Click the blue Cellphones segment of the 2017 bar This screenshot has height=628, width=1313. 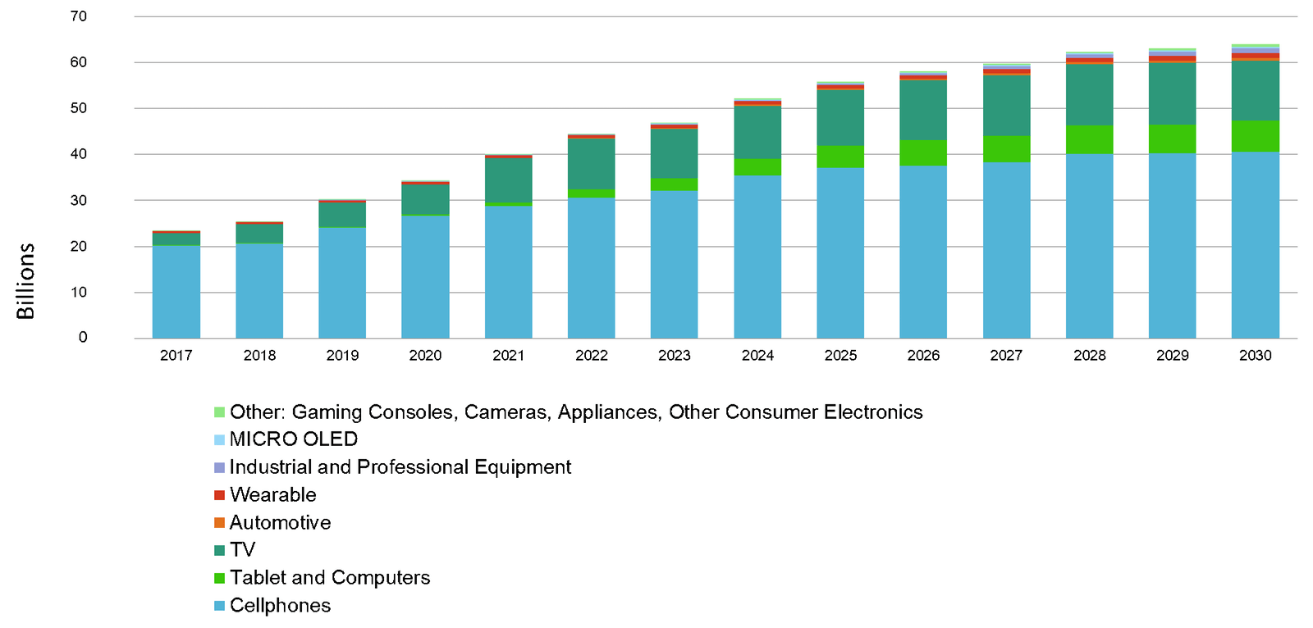coord(176,291)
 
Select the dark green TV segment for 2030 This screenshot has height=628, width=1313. coord(1255,91)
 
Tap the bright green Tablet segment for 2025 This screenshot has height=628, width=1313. coord(840,157)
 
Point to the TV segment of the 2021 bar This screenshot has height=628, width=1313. coord(508,180)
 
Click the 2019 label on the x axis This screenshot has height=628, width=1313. coord(342,355)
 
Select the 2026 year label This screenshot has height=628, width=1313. coord(923,355)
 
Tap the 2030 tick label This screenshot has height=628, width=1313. coord(1255,355)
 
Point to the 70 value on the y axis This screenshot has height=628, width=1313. coord(79,16)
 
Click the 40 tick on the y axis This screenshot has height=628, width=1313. coord(79,154)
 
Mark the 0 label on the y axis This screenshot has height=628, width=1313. coord(83,337)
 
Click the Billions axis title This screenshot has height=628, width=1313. coord(25,281)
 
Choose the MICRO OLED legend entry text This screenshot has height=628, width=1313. coord(294,439)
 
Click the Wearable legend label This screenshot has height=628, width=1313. coord(273,495)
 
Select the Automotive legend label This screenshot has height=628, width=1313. coord(281,523)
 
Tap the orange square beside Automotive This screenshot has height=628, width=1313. coord(219,523)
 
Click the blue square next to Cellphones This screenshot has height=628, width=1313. coord(219,606)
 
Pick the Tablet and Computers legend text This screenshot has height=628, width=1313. coord(330,578)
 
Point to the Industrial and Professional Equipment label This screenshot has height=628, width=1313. coord(400,467)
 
